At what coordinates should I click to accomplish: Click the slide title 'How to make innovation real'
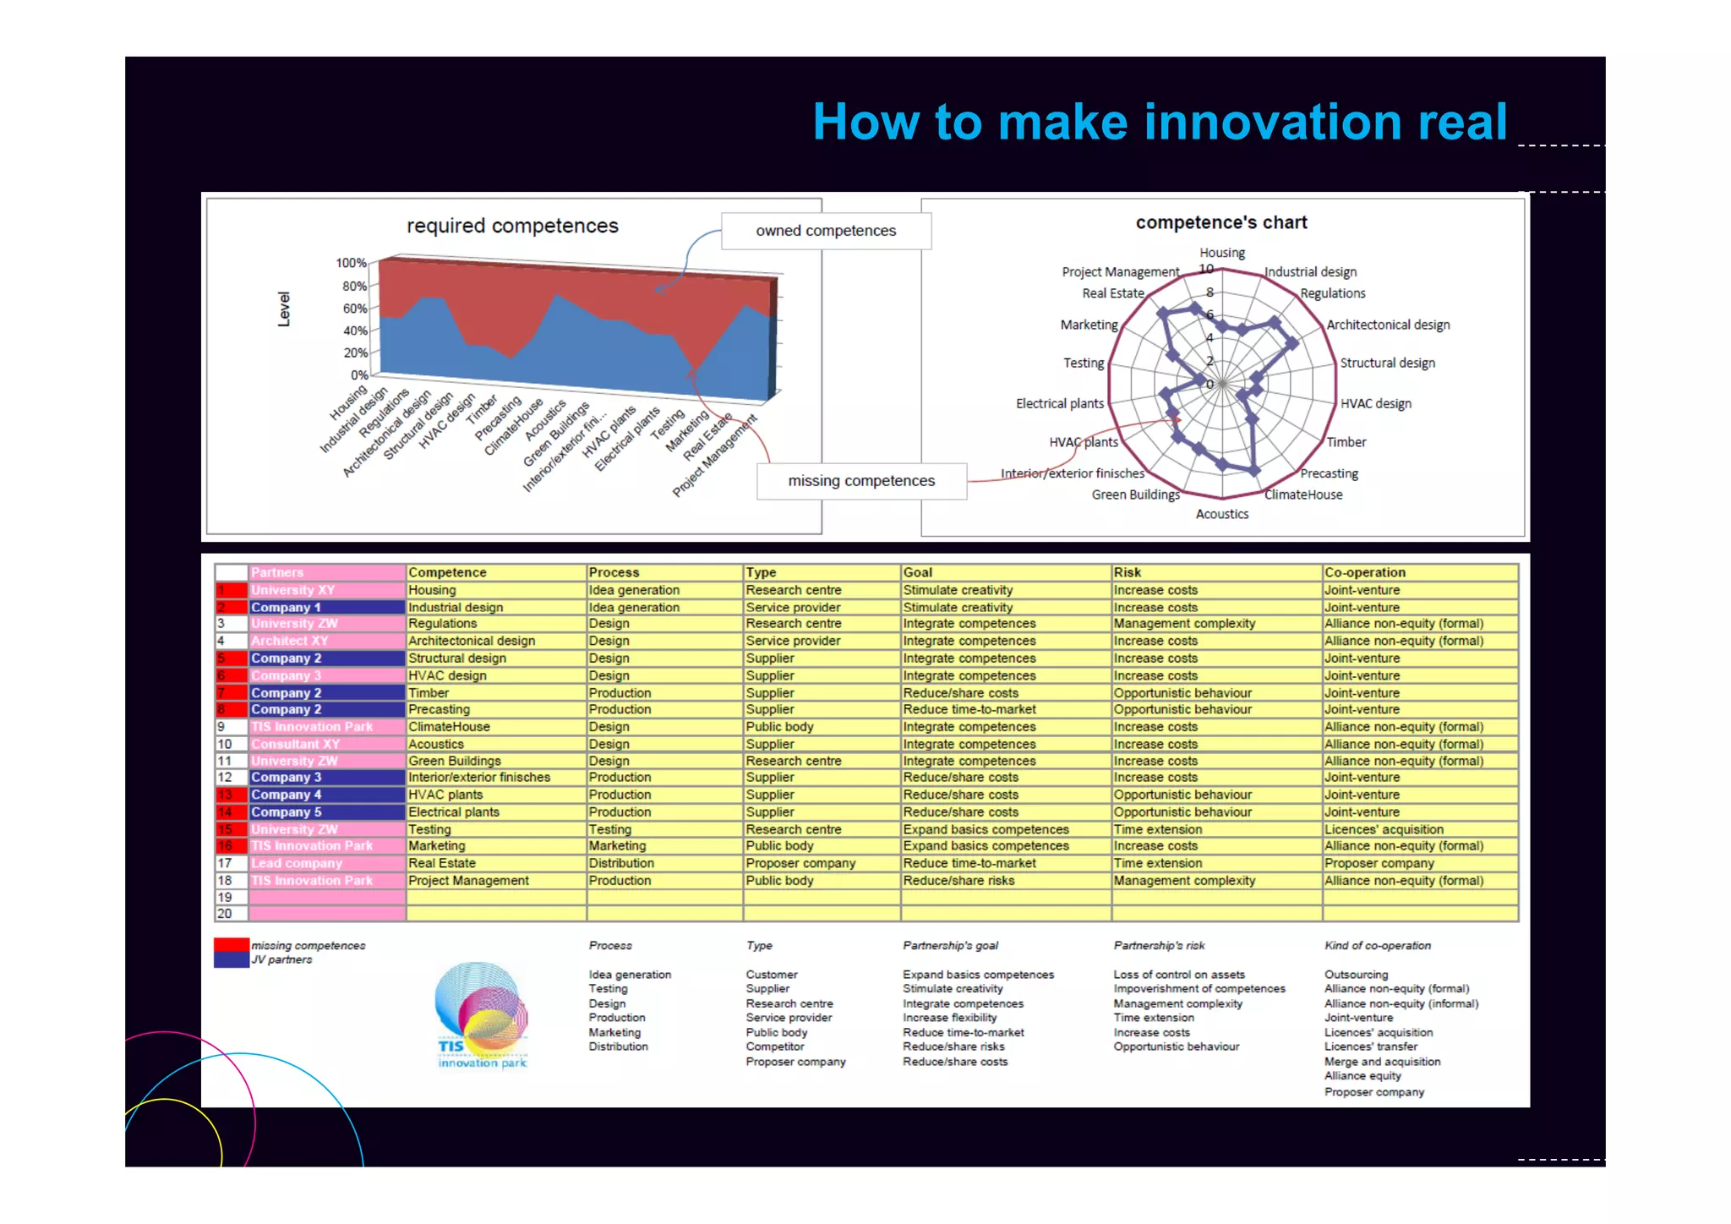(1159, 122)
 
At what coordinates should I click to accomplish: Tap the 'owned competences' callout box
(826, 231)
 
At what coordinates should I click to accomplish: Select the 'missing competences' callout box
(861, 481)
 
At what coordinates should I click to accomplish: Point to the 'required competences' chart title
(512, 226)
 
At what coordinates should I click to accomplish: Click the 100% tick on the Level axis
(351, 263)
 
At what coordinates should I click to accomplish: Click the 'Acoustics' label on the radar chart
(1221, 514)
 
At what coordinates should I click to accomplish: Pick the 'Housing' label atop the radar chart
(1221, 253)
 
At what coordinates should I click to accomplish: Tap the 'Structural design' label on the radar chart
(1387, 363)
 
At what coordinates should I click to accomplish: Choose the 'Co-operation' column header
(1364, 572)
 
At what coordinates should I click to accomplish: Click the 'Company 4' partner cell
(287, 795)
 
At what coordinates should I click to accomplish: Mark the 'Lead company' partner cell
(297, 863)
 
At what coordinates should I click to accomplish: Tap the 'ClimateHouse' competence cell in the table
(449, 727)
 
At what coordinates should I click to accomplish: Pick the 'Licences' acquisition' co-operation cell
(1384, 829)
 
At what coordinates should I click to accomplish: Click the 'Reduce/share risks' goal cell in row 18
(958, 881)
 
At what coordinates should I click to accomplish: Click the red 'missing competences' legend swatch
(231, 945)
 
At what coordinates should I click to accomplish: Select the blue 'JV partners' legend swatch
(231, 960)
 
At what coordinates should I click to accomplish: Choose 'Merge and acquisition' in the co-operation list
(1382, 1062)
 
